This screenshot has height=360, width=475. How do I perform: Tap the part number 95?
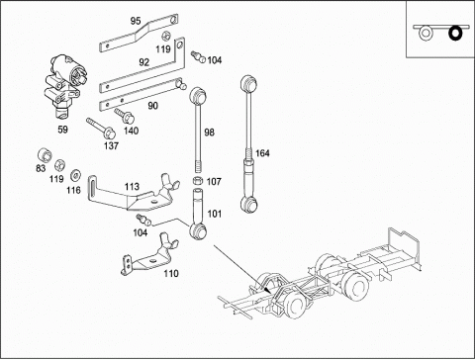[x=136, y=21]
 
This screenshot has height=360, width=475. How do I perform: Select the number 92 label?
[x=144, y=62]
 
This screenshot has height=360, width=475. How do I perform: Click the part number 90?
[x=152, y=106]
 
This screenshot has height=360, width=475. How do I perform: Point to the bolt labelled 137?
[x=101, y=129]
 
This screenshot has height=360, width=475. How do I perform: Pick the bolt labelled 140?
[x=125, y=115]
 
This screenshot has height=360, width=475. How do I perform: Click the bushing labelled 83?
[x=45, y=155]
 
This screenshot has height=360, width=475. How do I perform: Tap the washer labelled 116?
[x=76, y=175]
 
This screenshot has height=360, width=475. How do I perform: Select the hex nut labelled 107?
[x=197, y=181]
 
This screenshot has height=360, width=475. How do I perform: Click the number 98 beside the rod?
[x=209, y=133]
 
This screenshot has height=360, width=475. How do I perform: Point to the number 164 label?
[x=262, y=153]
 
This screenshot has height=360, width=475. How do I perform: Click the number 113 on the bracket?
[x=132, y=187]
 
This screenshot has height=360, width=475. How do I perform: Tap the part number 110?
[x=171, y=273]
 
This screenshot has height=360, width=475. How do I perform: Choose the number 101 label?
[x=215, y=214]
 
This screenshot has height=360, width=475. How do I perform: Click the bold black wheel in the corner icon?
[x=456, y=33]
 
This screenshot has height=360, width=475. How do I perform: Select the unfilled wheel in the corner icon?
[x=426, y=33]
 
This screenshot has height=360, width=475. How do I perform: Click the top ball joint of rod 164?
[x=249, y=83]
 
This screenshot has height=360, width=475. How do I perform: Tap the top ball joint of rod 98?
[x=197, y=95]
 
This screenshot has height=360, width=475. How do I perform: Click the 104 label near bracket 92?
[x=215, y=60]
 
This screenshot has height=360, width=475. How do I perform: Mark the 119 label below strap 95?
[x=163, y=49]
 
